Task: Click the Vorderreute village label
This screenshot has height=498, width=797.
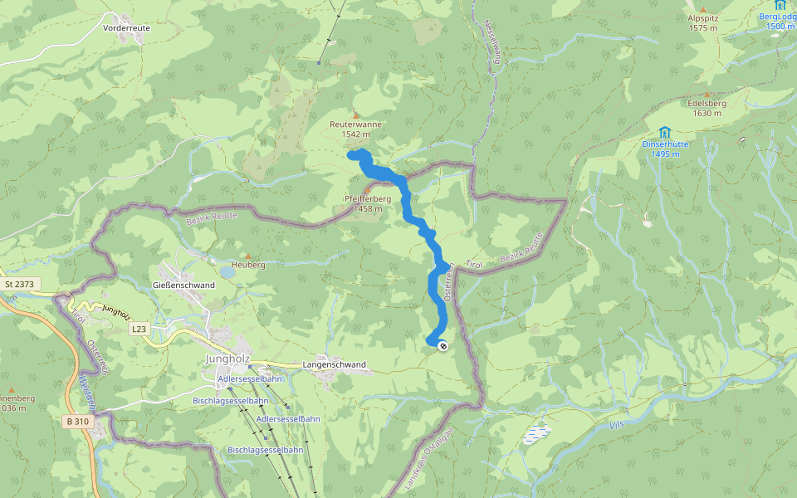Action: pos(126,27)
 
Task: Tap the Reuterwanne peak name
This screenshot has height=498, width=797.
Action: pos(355,124)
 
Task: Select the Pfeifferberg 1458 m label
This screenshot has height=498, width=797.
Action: pos(368,203)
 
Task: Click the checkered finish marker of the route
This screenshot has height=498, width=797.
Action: pos(443,345)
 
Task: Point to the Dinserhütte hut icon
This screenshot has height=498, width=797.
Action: pos(664,132)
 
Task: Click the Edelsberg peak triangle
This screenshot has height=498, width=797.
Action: pos(707,95)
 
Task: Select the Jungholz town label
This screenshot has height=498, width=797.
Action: pos(221,359)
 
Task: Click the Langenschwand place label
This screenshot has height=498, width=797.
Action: pos(335,364)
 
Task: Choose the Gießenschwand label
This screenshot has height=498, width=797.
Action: pos(184,285)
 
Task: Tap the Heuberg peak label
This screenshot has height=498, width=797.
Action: pos(248,265)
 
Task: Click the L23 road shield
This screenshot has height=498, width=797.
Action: pos(138,330)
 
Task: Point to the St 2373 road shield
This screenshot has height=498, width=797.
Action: pos(19,284)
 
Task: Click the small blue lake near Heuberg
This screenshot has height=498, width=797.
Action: pos(227,271)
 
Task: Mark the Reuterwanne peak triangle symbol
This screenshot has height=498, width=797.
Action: pos(356,115)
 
